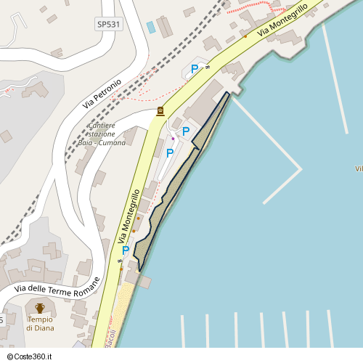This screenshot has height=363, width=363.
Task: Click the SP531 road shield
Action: pyautogui.click(x=108, y=24)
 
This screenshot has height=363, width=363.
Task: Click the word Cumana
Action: pyautogui.click(x=112, y=143)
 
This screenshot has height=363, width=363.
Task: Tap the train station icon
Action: pyautogui.click(x=160, y=111)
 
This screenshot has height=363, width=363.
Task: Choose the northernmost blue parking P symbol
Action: pyautogui.click(x=194, y=68)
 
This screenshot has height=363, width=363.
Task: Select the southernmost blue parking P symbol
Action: pyautogui.click(x=126, y=250)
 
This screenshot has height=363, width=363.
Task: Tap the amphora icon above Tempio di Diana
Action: pyautogui.click(x=40, y=309)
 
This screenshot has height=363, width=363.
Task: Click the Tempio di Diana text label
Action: pyautogui.click(x=40, y=324)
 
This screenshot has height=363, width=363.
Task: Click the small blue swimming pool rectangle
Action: pyautogui.click(x=151, y=28)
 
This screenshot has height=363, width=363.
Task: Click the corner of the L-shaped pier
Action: pyautogui.click(x=301, y=169)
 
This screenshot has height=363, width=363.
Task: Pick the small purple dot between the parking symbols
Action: pyautogui.click(x=173, y=139)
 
